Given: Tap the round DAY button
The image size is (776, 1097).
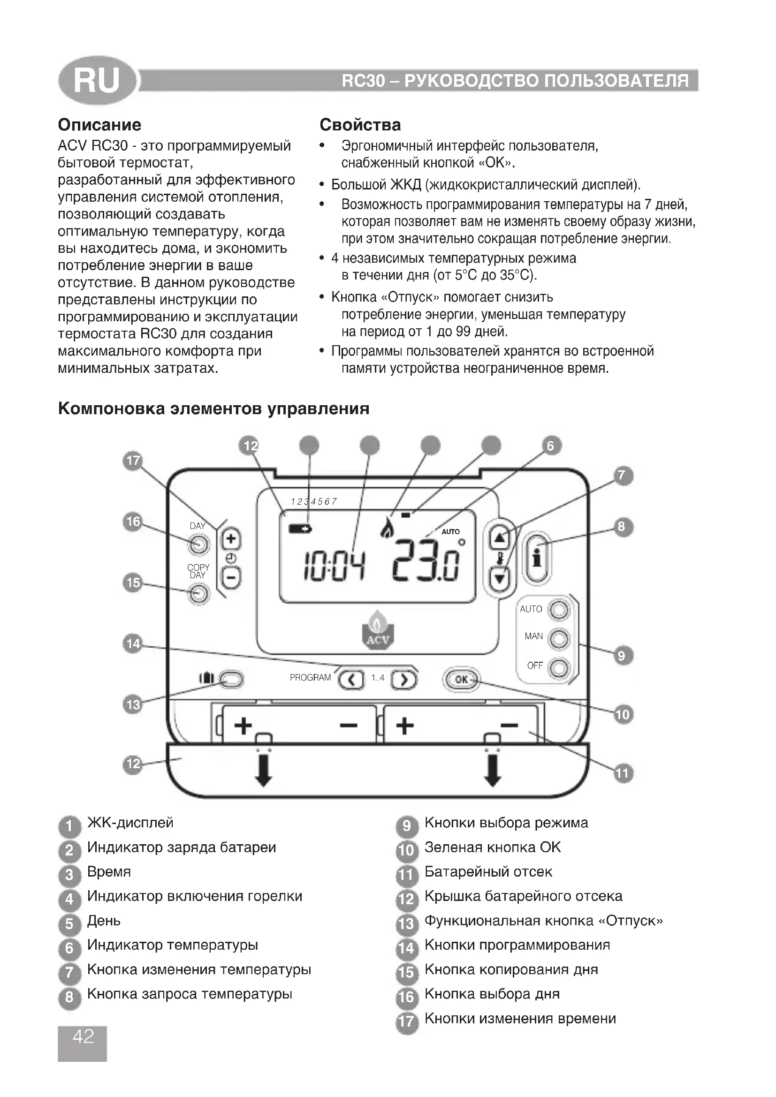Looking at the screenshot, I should [199, 544].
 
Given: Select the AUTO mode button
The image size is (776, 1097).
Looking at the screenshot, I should [559, 610].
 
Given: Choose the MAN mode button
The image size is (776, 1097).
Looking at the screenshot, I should [559, 639].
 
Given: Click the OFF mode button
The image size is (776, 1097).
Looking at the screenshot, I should [559, 667].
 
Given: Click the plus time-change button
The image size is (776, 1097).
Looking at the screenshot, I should [231, 539].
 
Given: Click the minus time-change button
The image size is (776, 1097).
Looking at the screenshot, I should [231, 579].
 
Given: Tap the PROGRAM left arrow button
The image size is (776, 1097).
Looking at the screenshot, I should [351, 679].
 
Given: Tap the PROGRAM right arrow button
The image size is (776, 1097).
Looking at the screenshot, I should [404, 679].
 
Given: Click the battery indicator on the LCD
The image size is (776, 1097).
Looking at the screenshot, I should [300, 529].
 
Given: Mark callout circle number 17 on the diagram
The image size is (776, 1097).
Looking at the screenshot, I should [133, 461].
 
